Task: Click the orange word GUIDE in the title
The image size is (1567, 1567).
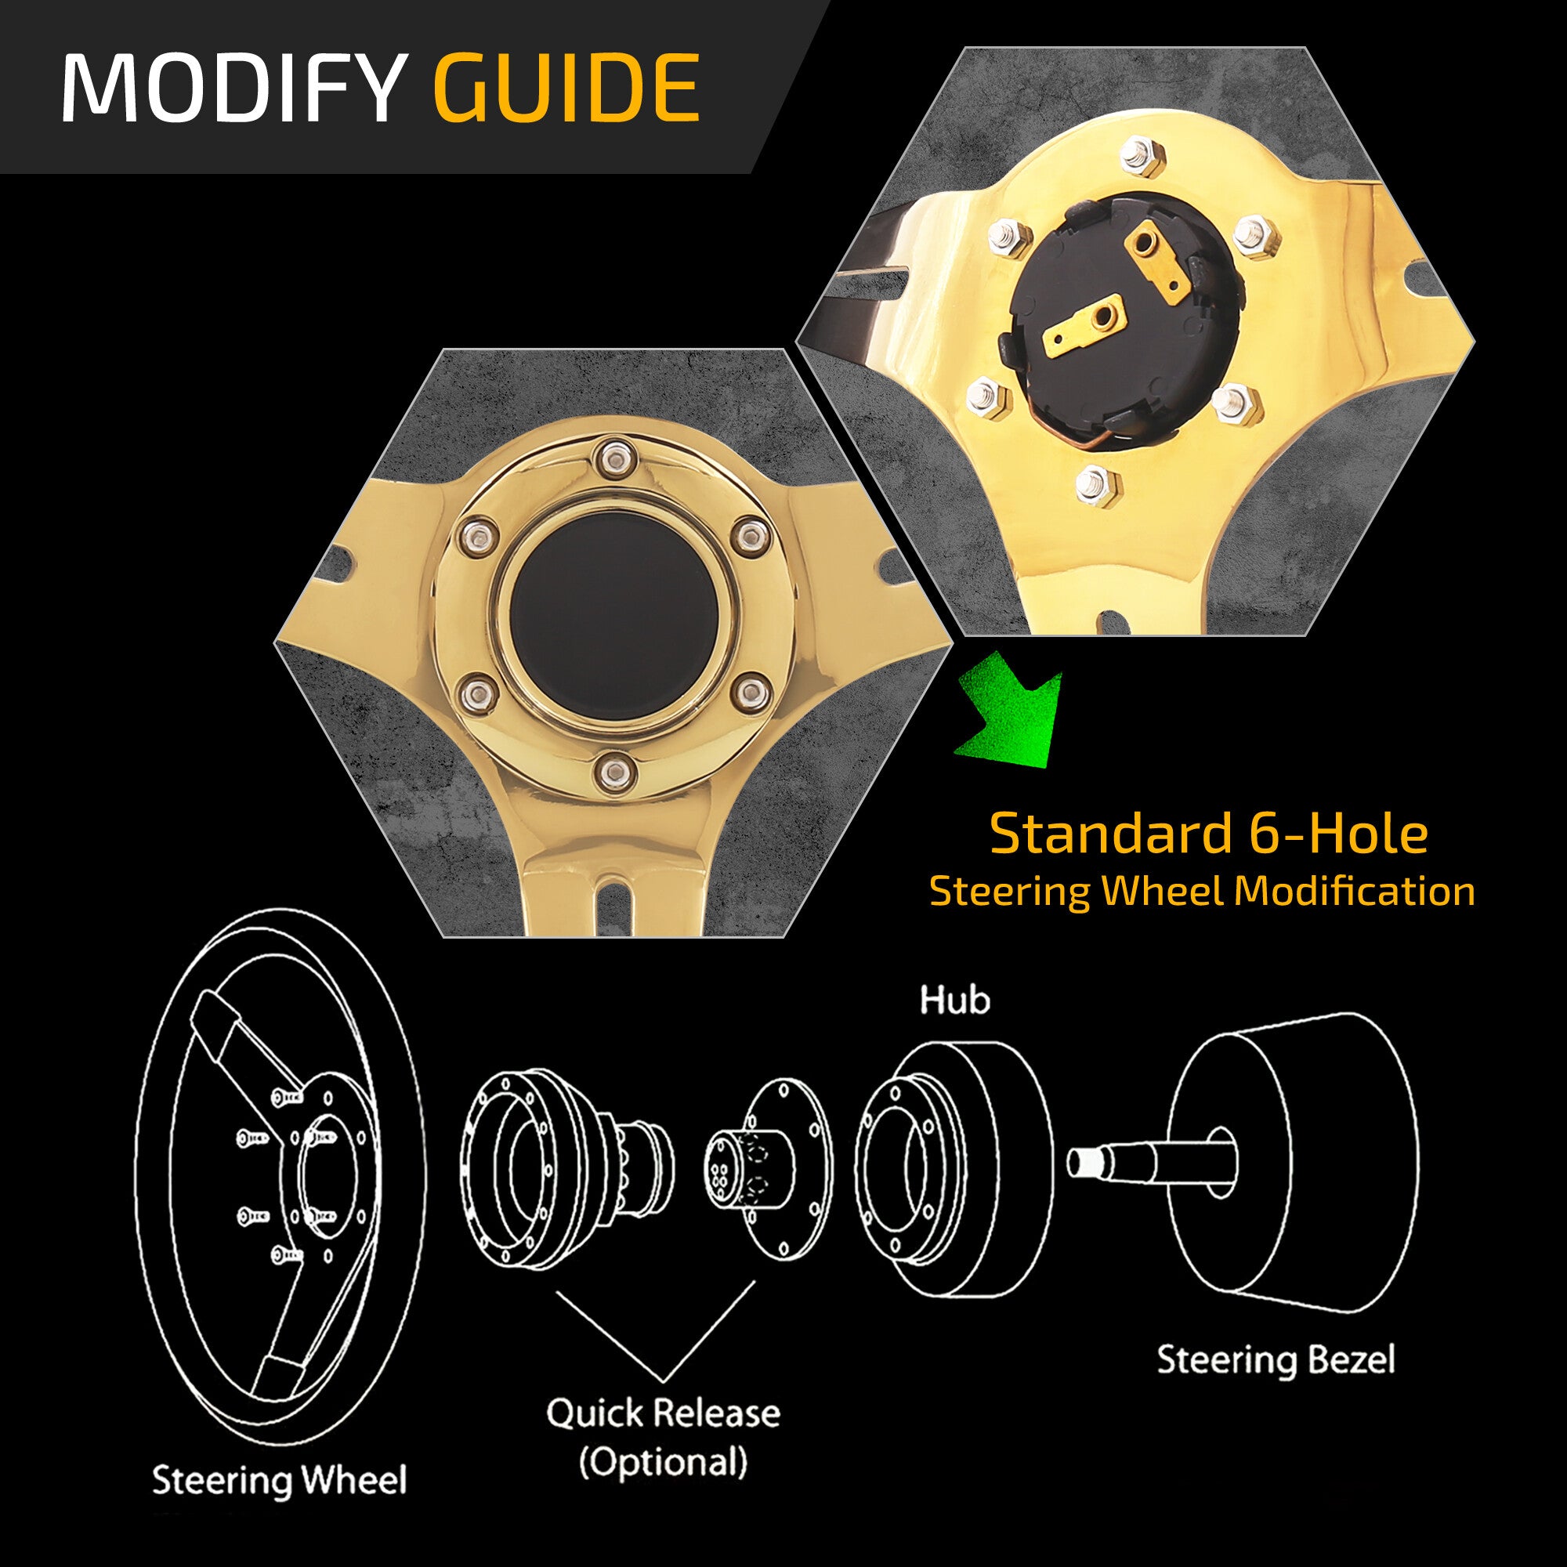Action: click(x=566, y=87)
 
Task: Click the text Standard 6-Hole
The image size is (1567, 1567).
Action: click(x=1208, y=834)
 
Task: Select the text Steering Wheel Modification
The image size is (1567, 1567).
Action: click(x=1202, y=892)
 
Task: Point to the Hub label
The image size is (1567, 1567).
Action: click(x=954, y=1000)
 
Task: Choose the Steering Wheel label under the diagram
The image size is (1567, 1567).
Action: click(x=279, y=1480)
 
